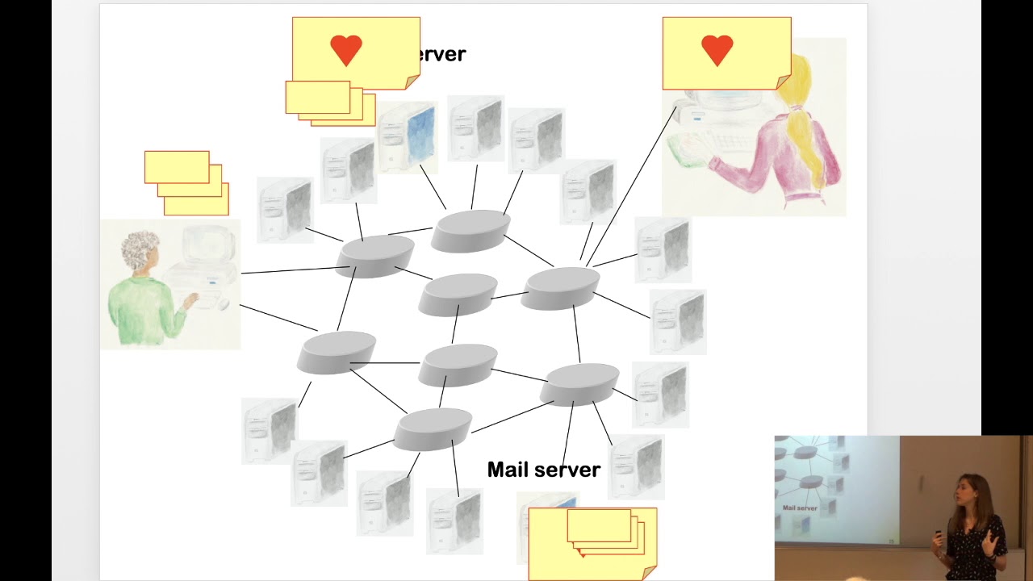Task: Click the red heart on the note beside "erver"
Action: [x=346, y=51]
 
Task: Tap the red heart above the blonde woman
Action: [x=717, y=51]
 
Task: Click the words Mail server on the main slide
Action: [x=543, y=470]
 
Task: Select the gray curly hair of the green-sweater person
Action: [x=140, y=250]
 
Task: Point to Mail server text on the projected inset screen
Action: [x=800, y=508]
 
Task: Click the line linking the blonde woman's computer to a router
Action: [x=634, y=186]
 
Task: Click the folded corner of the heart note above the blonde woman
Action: [x=783, y=82]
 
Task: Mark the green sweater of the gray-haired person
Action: [x=145, y=311]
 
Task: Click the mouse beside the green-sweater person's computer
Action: [x=224, y=304]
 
